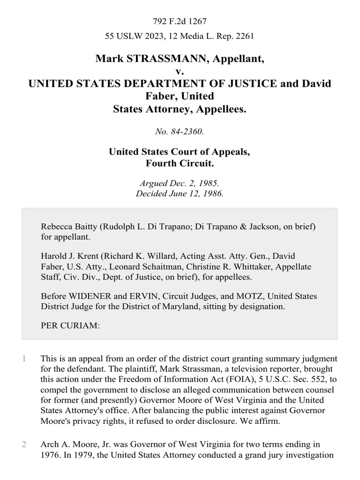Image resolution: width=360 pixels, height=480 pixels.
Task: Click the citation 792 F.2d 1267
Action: [180, 21]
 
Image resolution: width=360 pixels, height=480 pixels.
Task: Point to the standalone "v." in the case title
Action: [180, 71]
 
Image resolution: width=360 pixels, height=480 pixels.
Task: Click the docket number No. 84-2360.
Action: [180, 132]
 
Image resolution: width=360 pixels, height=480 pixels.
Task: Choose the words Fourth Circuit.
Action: [180, 164]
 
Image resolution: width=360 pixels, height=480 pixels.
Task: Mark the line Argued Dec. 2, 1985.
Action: [180, 184]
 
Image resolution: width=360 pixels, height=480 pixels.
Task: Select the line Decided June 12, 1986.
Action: [180, 194]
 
